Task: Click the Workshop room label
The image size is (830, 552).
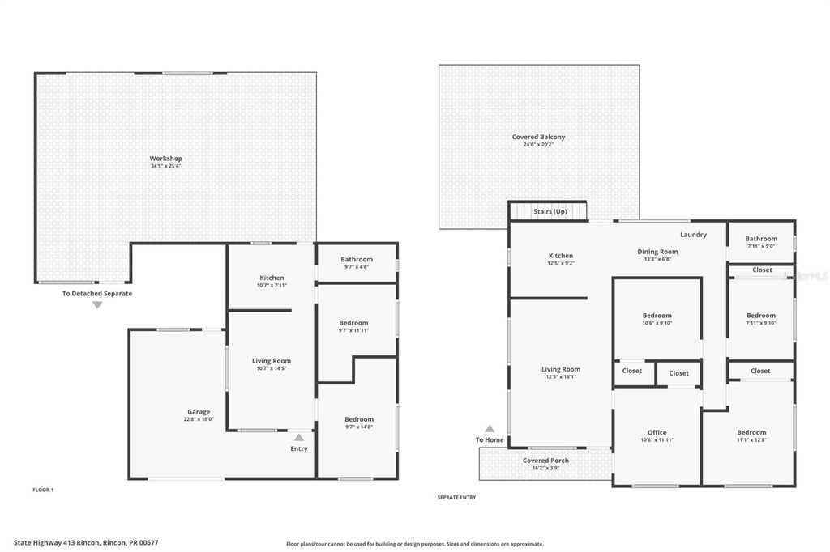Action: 165,158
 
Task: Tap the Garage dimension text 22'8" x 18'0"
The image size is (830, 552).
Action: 199,419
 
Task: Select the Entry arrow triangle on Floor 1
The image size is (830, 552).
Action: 299,437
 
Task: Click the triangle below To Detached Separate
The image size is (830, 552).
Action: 97,305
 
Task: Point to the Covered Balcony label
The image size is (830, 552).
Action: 538,137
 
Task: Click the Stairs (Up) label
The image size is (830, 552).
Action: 550,211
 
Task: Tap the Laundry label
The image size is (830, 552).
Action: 693,235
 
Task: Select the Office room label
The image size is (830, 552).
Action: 657,432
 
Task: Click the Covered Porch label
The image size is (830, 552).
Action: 545,461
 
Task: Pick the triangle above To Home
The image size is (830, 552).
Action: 490,429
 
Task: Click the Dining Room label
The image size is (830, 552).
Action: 657,252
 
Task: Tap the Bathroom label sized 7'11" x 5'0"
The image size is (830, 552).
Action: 761,239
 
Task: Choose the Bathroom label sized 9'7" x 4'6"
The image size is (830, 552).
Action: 357,259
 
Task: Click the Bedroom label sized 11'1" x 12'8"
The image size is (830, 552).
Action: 751,432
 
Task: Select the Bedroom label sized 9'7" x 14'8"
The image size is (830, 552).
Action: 358,418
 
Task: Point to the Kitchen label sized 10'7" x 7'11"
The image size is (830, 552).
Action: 272,278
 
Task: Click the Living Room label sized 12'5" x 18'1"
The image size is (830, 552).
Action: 561,369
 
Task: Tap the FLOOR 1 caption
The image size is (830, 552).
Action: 43,490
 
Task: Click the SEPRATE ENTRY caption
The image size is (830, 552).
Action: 456,497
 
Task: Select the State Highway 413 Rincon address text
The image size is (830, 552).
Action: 77,543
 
